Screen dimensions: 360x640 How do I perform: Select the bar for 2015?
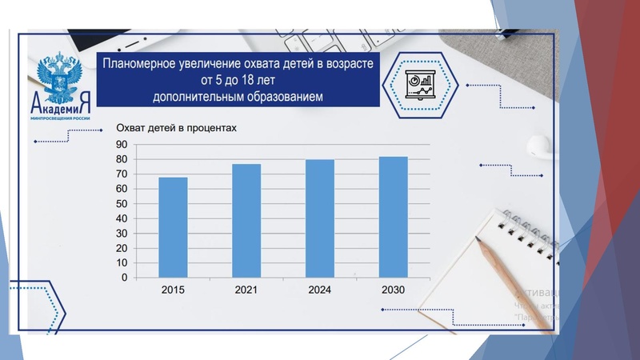coord(173,227)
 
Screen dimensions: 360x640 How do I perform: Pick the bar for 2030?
coord(394,217)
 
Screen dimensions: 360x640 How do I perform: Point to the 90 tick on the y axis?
coord(122,145)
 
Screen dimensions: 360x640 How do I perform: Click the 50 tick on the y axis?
coord(122,204)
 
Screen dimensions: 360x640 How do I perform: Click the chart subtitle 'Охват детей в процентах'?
coord(177,128)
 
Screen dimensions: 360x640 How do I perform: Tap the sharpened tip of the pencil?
coord(478,240)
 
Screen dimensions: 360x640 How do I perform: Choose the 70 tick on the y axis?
coord(122,174)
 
